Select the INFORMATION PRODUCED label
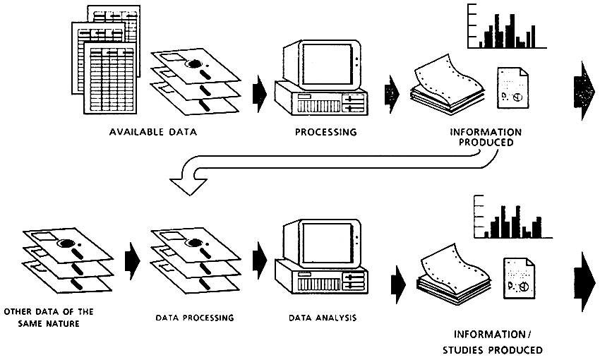click(x=485, y=137)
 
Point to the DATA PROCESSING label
click(x=195, y=318)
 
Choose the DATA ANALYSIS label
click(x=322, y=318)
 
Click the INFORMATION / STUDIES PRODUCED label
click(x=498, y=342)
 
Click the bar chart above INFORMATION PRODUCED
click(x=507, y=28)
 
